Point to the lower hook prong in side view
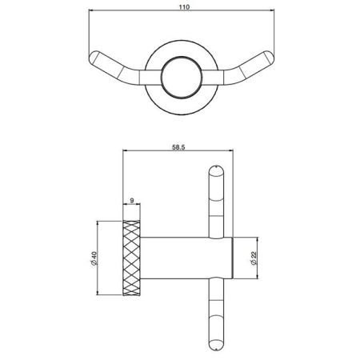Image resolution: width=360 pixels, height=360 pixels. tap(215, 320)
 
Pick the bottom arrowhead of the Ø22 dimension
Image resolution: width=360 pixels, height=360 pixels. tap(254, 278)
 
